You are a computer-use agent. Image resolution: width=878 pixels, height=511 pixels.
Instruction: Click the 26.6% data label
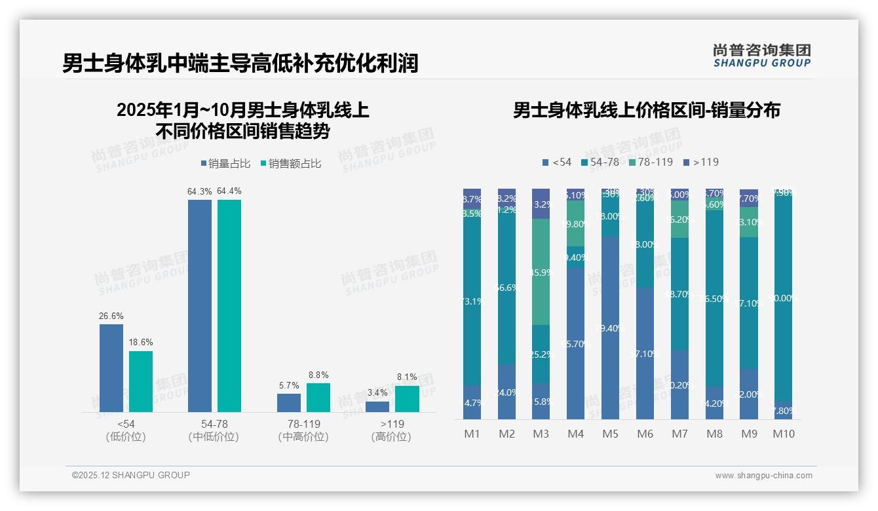[x=111, y=316]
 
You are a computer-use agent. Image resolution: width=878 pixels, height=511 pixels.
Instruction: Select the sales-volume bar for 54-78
[x=200, y=306]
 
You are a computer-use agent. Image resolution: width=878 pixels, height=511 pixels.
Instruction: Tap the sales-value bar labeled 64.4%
[x=229, y=306]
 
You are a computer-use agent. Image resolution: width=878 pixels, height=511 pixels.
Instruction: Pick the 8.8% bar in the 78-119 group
[x=318, y=398]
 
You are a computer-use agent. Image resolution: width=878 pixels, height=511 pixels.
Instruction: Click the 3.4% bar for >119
[x=377, y=407]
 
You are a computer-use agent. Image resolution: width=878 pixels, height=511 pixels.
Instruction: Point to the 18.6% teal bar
[x=141, y=381]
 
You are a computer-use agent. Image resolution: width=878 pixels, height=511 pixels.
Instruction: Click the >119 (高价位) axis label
[x=391, y=430]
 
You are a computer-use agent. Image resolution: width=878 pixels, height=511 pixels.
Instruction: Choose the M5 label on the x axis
[x=610, y=434]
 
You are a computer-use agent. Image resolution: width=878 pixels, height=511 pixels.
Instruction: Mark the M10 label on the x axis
[x=783, y=434]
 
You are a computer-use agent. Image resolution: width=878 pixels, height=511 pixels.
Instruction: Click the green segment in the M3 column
[x=541, y=272]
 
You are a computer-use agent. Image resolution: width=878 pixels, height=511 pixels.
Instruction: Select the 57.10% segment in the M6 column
[x=645, y=354]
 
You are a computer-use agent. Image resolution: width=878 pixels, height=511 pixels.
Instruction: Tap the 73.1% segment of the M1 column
[x=472, y=301]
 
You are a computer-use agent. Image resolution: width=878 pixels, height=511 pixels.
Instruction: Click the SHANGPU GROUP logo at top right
[x=761, y=56]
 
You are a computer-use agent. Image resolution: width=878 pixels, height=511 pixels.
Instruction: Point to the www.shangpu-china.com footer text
[x=763, y=476]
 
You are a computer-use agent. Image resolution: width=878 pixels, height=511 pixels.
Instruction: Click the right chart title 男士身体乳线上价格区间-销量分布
[x=646, y=110]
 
